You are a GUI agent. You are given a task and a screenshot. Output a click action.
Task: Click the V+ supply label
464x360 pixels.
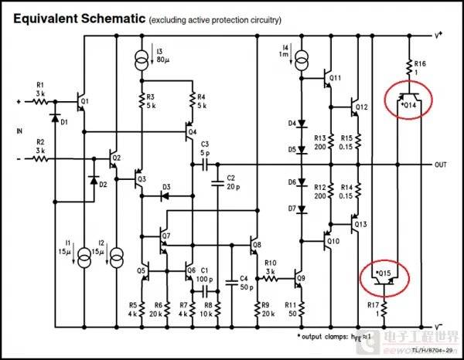tap(439, 34)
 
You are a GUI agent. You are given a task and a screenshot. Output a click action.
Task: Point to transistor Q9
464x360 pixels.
tap(299, 277)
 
